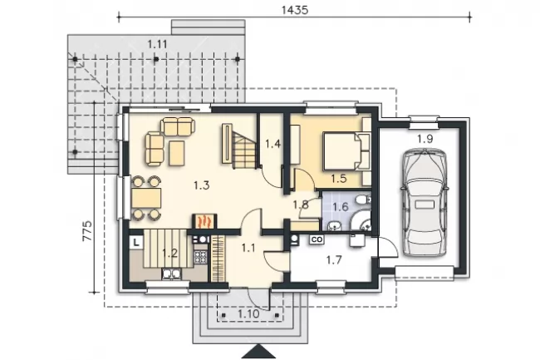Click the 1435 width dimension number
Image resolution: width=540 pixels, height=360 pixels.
295,10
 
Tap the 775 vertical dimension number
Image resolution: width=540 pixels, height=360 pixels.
87,230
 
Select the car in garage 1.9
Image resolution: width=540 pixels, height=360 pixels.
425,202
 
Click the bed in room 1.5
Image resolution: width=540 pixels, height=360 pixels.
346,152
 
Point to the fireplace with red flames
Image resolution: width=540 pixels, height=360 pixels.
204,221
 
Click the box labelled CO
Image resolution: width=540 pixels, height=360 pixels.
317,239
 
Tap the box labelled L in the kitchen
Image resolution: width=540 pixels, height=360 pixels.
136,242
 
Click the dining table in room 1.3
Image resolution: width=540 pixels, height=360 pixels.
146,198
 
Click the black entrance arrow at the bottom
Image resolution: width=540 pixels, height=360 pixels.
258,352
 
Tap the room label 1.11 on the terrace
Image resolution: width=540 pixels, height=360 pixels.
157,44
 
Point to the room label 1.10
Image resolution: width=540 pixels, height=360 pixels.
248,314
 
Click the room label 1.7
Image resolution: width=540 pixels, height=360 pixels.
334,259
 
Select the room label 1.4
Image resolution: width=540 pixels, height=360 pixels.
273,144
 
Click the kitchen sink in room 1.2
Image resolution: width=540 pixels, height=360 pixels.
171,274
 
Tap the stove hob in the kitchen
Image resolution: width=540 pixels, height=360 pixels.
201,257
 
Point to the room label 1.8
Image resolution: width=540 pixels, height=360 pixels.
301,205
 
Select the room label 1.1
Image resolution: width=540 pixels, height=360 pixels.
248,248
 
